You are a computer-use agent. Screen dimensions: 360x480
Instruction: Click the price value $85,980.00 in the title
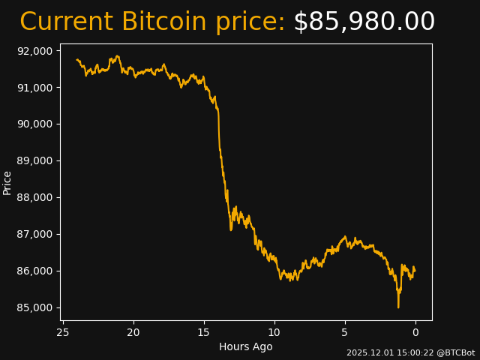pos(364,22)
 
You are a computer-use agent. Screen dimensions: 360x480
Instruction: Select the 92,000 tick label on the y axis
pos(34,51)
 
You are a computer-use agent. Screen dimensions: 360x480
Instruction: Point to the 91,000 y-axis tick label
pos(34,88)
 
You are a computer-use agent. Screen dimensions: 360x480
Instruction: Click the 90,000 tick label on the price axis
pos(34,124)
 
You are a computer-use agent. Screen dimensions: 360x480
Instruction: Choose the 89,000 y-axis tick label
pos(34,161)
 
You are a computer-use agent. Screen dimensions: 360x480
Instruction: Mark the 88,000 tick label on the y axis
pos(34,198)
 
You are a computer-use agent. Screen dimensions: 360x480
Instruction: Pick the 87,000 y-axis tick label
pos(34,235)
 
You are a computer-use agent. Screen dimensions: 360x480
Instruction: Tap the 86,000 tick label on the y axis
pos(34,271)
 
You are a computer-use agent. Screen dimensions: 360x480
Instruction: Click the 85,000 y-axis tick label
pos(34,308)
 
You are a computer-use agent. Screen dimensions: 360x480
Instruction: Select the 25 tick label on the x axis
pos(63,332)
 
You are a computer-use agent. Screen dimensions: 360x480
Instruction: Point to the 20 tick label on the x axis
pos(133,332)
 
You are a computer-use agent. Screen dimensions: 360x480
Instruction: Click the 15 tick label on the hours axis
pos(204,332)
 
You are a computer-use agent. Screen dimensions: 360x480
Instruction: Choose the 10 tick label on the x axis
pos(274,332)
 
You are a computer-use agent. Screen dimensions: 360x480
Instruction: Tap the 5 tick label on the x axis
pos(345,332)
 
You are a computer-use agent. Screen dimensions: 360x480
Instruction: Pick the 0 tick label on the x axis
pos(415,332)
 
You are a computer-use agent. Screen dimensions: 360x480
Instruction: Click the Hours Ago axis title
pos(246,346)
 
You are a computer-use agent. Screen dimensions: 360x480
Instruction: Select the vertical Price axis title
pos(7,182)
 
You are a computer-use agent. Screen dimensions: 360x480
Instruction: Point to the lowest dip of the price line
pos(398,307)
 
